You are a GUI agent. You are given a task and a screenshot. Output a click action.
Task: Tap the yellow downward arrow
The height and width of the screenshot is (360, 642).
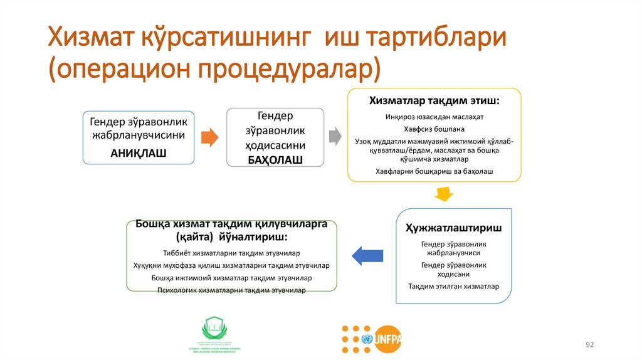click(445, 194)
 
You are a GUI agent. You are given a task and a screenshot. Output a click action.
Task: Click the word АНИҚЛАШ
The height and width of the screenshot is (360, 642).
click(138, 152)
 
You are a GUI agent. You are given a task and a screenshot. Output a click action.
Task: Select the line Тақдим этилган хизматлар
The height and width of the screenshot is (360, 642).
click(453, 287)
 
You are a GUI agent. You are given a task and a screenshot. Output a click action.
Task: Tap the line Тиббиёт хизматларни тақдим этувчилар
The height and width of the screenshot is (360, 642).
click(231, 253)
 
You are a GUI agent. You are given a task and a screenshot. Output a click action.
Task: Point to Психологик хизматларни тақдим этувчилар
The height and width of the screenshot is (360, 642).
click(231, 290)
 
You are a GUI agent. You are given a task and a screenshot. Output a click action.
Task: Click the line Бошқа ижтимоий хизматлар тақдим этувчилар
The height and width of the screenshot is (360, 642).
click(231, 278)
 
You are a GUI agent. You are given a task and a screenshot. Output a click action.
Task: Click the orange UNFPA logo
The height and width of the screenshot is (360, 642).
click(386, 339)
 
